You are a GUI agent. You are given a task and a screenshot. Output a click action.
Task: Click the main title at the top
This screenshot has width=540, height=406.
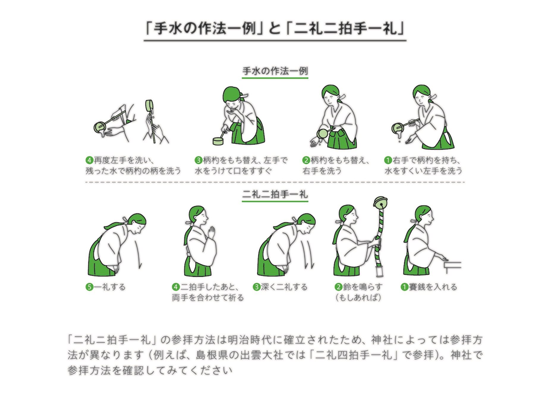pyautogui.click(x=275, y=29)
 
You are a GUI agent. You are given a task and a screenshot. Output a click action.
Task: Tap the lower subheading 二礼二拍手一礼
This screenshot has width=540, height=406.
pyautogui.click(x=275, y=195)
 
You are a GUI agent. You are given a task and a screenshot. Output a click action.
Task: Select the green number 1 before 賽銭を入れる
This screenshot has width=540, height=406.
pyautogui.click(x=404, y=287)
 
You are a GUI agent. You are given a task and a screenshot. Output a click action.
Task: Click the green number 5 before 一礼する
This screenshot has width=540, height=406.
pyautogui.click(x=89, y=287)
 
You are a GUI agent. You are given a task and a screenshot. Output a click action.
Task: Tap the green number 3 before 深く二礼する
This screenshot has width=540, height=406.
pyautogui.click(x=256, y=287)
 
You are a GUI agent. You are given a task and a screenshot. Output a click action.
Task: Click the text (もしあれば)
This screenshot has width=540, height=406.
pyautogui.click(x=358, y=297)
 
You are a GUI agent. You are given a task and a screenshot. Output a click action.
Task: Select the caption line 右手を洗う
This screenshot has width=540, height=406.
pyautogui.click(x=322, y=171)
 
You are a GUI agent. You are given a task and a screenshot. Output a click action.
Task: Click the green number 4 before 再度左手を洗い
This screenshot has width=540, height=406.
pyautogui.click(x=89, y=161)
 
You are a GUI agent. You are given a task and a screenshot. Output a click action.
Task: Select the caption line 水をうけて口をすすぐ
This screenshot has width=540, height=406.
pyautogui.click(x=233, y=171)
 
